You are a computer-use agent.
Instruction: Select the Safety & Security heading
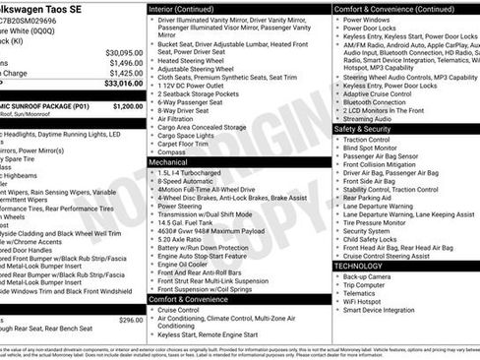(x=363, y=129)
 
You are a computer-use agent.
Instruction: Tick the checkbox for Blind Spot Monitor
(x=337, y=150)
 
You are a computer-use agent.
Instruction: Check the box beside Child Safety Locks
(x=337, y=239)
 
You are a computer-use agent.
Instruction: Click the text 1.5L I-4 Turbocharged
(x=193, y=172)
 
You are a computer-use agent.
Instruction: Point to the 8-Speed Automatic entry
(x=187, y=182)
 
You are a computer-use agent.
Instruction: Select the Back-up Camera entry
(x=367, y=277)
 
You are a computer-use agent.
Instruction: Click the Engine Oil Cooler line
(x=185, y=265)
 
